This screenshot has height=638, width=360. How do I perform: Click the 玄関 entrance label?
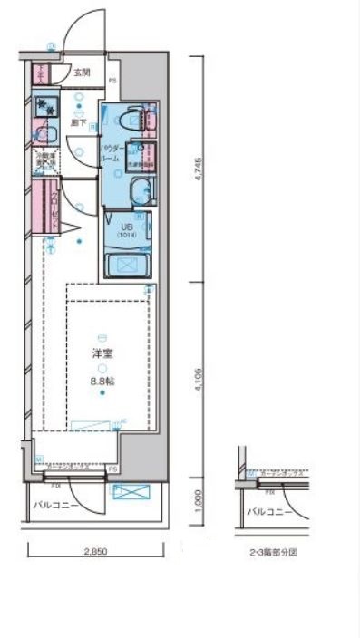pyautogui.click(x=82, y=72)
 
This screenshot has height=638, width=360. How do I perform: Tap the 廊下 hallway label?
pyautogui.click(x=78, y=121)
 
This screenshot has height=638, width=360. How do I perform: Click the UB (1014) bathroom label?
pyautogui.click(x=126, y=229)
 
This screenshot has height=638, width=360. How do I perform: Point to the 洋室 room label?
pyautogui.click(x=102, y=353)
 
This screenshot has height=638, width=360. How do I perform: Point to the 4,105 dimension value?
pyautogui.click(x=199, y=376)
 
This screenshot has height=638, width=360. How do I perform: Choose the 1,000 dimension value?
pyautogui.click(x=199, y=499)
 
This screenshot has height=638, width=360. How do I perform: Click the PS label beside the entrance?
pyautogui.click(x=112, y=80)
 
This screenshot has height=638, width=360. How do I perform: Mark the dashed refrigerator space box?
pyautogui.click(x=45, y=160)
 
